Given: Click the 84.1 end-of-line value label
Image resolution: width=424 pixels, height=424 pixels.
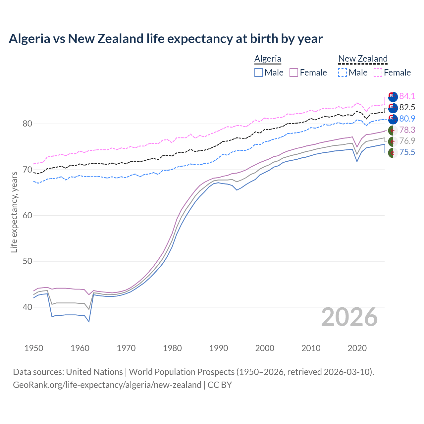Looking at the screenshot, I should tap(407, 96).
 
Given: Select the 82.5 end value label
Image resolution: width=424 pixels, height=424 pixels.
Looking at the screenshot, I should tap(407, 107).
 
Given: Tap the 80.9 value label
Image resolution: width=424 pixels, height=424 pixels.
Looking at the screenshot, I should tap(407, 119).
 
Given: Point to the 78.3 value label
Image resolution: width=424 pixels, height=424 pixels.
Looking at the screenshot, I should tap(407, 130).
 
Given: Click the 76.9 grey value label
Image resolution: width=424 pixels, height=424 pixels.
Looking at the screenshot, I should tap(407, 141).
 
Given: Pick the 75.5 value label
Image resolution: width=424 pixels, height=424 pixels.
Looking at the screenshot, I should tap(407, 152).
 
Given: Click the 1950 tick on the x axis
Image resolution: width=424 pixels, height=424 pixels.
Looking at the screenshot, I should tap(34, 348).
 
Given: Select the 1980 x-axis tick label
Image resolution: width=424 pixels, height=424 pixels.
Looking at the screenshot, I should tap(173, 348).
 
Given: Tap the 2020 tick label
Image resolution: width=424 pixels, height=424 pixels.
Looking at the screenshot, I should tap(357, 348).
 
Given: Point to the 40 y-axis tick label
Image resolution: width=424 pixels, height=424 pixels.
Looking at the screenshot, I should tap(28, 307).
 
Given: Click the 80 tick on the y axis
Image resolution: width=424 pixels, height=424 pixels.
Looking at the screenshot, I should tap(28, 124).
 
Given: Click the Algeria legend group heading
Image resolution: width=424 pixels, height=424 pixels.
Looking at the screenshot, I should tap(268, 59).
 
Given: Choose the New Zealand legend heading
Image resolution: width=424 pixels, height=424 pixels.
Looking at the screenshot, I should tap(363, 59).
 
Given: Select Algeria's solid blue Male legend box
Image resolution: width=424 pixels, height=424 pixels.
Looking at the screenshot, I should tap(259, 73).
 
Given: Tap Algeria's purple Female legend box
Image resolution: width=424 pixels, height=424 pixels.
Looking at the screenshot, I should tap(294, 73).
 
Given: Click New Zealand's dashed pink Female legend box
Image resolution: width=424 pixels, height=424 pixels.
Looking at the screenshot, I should tap(378, 73).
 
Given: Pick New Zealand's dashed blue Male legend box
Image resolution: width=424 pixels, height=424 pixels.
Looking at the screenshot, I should tap(343, 73).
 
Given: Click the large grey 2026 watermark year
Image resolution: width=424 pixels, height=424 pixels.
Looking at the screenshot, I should tap(349, 317).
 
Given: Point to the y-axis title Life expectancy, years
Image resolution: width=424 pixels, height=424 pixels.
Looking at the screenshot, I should tap(14, 212).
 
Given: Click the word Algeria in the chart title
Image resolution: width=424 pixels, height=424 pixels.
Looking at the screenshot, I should tap(29, 39).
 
